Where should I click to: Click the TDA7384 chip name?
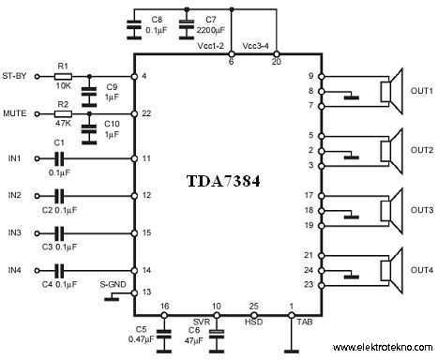pos(223,181)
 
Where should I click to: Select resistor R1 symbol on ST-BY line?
pos(63,77)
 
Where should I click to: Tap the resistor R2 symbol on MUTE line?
pos(63,114)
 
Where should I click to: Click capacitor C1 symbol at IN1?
pos(59,158)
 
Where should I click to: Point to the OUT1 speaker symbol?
pos(391,91)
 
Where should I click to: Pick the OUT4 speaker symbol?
pos(391,270)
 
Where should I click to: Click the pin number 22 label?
pos(146,113)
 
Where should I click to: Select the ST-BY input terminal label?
pos(14,76)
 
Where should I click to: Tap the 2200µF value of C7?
pos(211,30)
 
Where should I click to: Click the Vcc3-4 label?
pos(255,46)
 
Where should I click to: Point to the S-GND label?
pos(113,284)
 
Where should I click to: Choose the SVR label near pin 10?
pos(202,322)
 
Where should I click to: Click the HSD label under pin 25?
pos(253,322)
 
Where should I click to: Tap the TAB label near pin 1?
pos(305,322)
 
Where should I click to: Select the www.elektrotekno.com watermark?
pos(383,347)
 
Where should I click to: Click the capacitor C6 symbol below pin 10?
pos(217,334)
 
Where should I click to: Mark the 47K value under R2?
pos(64,124)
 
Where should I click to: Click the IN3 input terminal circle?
pos(37,233)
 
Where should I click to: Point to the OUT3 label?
pos(422,210)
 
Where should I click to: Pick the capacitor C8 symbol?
pos(134,25)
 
